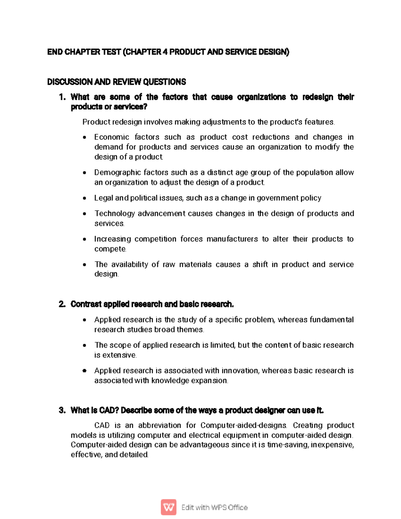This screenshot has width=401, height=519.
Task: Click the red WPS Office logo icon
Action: click(169, 507)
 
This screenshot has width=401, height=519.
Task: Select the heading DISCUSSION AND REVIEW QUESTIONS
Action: click(117, 82)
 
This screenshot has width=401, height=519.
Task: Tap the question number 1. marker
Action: click(62, 97)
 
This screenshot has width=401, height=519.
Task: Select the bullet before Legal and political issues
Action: click(85, 198)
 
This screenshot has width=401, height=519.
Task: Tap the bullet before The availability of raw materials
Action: click(85, 265)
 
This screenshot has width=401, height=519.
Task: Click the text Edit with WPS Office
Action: click(214, 507)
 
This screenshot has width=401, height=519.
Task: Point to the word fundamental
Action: click(331, 320)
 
